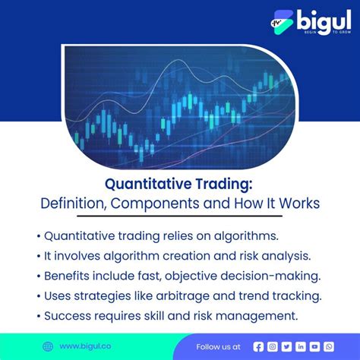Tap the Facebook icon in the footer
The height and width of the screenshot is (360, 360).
pyautogui.click(x=258, y=346)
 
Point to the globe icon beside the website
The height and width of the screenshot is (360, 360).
pyautogui.click(x=48, y=346)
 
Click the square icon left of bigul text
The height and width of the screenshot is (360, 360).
pyautogui.click(x=282, y=23)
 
